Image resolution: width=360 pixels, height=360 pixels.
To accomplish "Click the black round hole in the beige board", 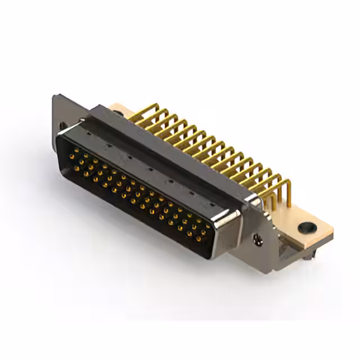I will click(306, 228).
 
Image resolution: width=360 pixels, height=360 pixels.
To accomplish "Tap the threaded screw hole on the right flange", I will click(258, 240).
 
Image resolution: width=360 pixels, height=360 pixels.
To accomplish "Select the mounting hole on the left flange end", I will click(62, 127).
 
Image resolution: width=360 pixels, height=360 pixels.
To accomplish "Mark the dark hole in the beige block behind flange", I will click(118, 112).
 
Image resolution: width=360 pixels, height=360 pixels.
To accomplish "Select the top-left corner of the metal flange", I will click(55, 96).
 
